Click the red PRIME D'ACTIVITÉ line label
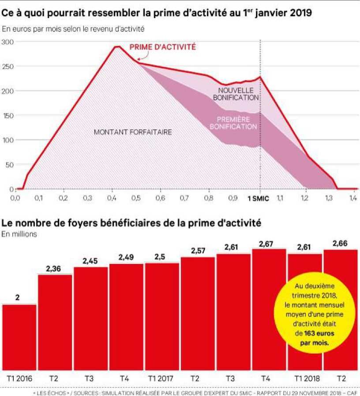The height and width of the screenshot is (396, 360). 163,47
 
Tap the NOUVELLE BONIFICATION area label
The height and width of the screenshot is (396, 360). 235,94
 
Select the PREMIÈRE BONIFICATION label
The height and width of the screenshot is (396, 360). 233,123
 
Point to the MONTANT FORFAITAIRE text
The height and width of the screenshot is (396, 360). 133,132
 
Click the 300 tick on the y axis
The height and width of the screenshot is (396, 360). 8,41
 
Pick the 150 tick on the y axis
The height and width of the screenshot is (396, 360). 8,116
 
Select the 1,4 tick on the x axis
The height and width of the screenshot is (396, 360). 352,198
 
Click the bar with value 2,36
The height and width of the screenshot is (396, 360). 55,322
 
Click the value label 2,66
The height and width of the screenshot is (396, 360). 341,244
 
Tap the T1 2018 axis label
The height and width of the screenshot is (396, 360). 305,378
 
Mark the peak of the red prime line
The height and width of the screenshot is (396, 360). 117,46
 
